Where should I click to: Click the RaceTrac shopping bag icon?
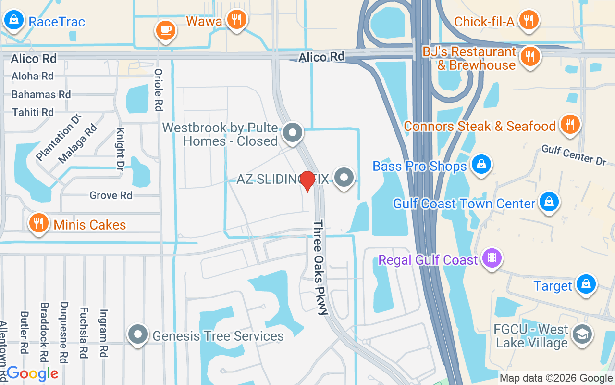14,20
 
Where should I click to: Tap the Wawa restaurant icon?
236,20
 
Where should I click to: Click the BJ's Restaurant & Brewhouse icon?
530,55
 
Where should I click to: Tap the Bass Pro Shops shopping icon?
480,164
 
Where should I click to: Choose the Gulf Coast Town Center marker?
548,202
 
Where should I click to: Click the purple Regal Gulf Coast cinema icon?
492,257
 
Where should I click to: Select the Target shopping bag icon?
586,283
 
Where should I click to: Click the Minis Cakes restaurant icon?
39,223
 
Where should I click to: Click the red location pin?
307,180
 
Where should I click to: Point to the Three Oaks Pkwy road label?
320,268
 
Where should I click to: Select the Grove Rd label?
111,195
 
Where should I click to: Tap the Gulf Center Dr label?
574,155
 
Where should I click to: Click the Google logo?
32,373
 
